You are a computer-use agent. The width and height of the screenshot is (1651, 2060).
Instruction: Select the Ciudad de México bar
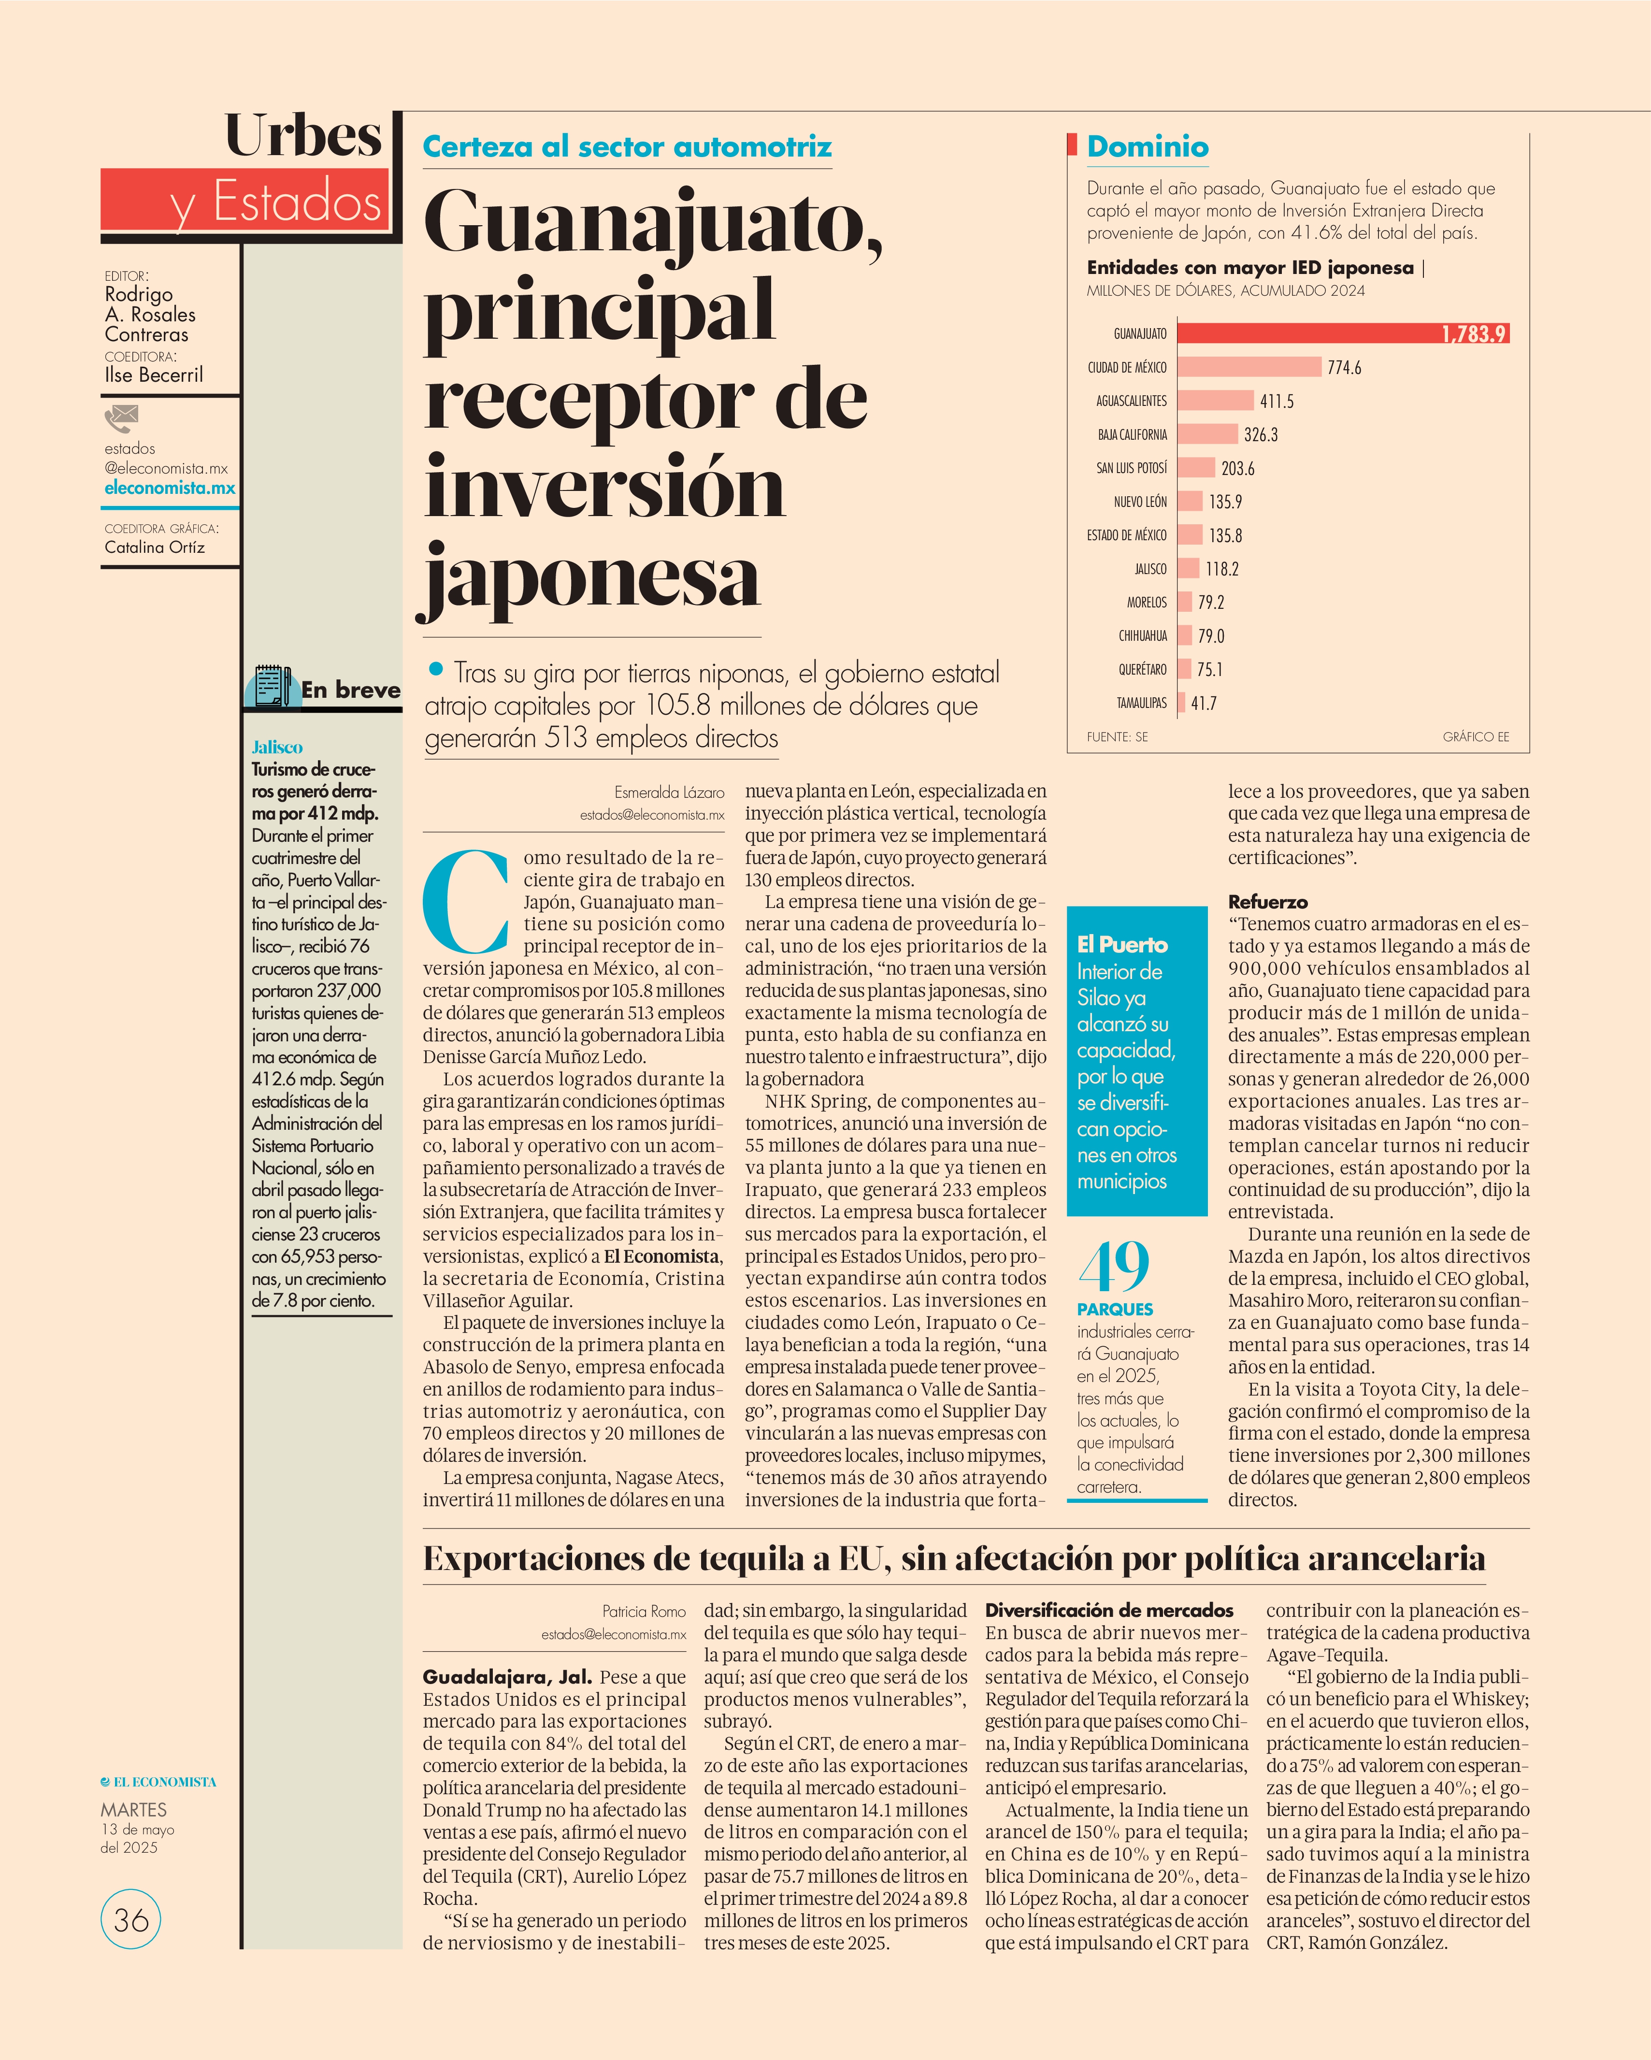pos(1249,367)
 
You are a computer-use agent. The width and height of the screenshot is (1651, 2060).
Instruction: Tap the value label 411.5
pos(1277,401)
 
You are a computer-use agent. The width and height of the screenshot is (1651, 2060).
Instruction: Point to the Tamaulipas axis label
pos(1142,703)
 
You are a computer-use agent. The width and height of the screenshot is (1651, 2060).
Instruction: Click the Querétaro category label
pos(1143,670)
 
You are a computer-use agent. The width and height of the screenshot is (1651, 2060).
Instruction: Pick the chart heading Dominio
pos(1148,146)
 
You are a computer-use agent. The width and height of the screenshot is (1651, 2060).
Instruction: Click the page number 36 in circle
pos(131,1919)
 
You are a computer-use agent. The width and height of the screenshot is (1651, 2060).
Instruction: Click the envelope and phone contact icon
pos(121,418)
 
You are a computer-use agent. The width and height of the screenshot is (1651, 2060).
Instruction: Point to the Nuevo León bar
pos(1190,502)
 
